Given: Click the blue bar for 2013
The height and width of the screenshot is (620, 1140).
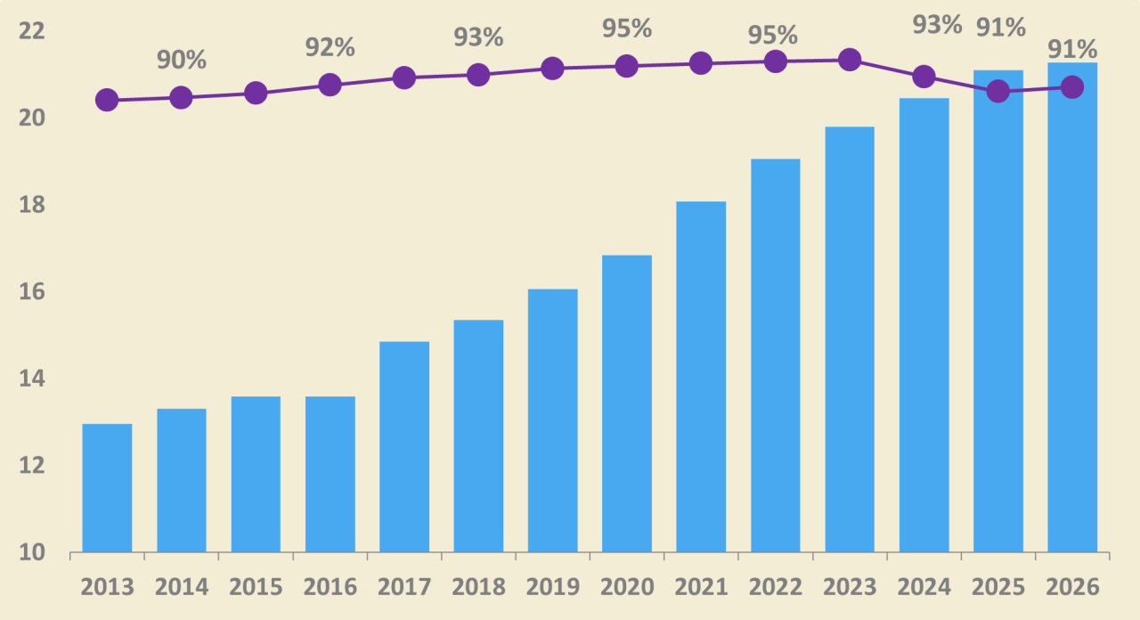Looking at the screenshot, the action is [107, 487].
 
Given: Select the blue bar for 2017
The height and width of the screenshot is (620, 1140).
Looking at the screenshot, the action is [404, 446].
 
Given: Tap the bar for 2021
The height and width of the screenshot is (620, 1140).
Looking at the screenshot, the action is [701, 377].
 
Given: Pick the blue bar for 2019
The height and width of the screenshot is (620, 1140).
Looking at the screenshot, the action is [553, 420].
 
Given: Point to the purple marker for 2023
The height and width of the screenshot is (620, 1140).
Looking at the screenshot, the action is [850, 60].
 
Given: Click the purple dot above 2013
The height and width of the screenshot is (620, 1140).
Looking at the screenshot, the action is [107, 100].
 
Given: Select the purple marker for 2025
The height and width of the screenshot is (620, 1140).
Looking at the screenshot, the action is [998, 92].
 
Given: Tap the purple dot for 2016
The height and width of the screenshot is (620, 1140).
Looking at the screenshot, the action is [330, 85].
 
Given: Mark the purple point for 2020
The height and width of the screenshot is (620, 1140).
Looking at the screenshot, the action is [626, 66].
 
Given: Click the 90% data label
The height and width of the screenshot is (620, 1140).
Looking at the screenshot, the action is [181, 60].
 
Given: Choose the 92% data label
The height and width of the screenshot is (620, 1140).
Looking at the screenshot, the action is [330, 48].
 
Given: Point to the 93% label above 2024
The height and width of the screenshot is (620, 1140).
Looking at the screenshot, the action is [937, 25].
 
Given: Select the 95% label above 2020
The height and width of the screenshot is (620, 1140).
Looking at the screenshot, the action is [627, 29].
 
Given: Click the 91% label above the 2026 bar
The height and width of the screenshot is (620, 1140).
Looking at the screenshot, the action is [1072, 49].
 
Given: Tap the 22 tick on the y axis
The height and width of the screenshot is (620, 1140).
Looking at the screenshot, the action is [31, 31].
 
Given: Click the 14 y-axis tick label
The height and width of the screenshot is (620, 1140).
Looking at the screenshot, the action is [31, 379].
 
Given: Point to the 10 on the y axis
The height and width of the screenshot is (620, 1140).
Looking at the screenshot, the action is [31, 552].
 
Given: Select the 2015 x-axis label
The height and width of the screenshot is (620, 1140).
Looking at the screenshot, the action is [256, 587].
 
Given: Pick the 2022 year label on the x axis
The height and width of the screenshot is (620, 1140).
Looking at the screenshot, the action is [775, 587].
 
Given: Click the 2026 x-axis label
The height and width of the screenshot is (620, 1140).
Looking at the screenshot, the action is [1072, 587].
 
